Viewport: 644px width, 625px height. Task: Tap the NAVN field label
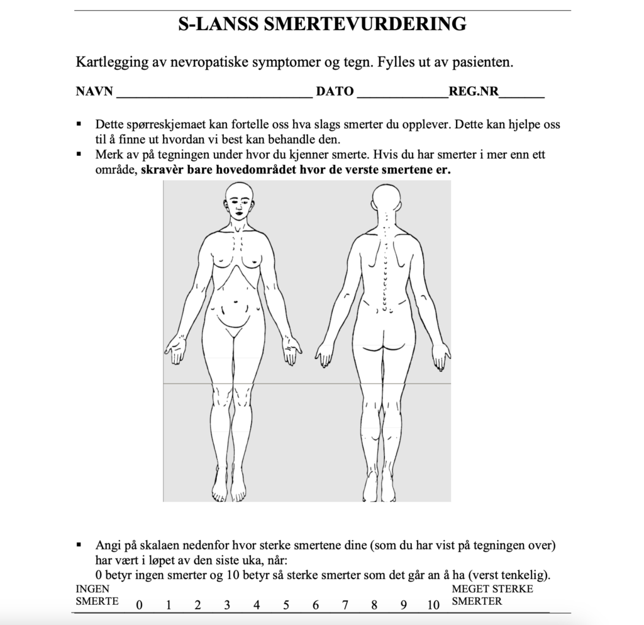(94, 92)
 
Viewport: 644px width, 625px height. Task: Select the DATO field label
(335, 92)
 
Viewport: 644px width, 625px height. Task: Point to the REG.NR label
(474, 92)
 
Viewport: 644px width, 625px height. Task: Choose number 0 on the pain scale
(139, 606)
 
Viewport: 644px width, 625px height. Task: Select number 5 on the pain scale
(286, 606)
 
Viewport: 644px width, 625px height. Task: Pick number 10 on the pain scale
(433, 606)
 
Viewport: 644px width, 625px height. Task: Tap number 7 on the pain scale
(345, 606)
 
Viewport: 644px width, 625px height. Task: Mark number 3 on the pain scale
(227, 606)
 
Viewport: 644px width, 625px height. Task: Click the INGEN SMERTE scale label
(97, 595)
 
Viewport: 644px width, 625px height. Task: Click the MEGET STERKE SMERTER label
(492, 595)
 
